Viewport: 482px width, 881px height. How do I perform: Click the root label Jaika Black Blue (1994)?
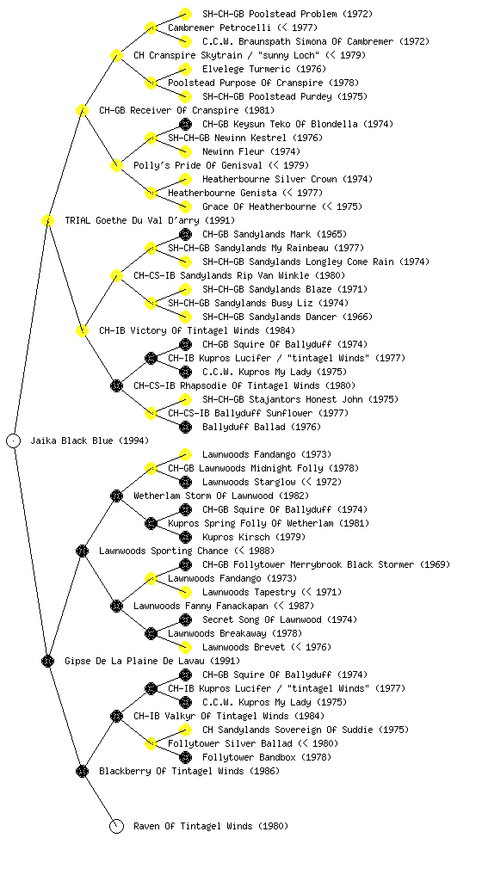pos(90,440)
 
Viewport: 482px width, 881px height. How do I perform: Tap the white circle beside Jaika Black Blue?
pos(14,440)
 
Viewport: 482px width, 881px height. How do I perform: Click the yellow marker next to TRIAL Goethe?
pos(47,220)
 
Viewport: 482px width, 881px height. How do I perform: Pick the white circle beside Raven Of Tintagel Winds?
pos(116,826)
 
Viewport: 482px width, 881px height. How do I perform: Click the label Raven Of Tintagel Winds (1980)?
pos(211,826)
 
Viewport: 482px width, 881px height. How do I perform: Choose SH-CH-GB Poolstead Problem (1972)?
pos(287,14)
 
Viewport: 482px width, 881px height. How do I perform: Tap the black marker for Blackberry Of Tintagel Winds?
pos(82,771)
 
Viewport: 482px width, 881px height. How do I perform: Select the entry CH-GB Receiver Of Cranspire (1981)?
pos(187,110)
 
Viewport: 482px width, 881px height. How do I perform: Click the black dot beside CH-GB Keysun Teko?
pos(185,124)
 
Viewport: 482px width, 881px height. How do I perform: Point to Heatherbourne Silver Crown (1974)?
pos(287,179)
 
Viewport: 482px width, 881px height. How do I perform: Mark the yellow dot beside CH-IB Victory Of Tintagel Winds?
pos(82,330)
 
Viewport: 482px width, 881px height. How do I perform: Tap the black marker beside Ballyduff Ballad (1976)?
pos(185,427)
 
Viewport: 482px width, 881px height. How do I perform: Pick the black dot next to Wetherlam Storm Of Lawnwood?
pos(116,496)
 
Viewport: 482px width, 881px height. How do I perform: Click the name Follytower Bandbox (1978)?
pos(267,757)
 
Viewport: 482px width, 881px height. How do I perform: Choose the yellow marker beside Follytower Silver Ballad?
pos(151,743)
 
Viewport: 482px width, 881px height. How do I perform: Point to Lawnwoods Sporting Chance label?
pos(164,551)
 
